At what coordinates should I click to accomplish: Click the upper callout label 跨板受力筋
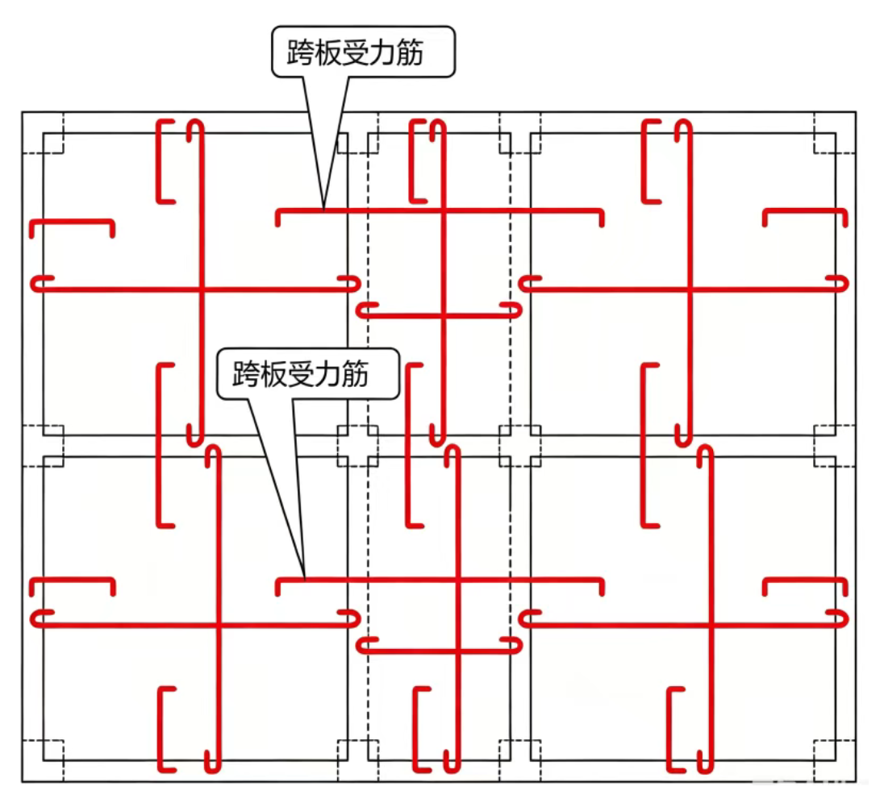tap(355, 52)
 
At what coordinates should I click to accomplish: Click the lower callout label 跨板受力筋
tap(300, 373)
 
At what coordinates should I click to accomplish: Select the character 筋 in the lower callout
tap(355, 373)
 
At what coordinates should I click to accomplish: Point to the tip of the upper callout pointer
tap(323, 210)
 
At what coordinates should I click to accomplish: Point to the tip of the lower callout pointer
tap(304, 578)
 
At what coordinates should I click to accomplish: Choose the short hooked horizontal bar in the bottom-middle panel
tap(440, 651)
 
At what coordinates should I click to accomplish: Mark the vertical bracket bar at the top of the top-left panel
tap(158, 161)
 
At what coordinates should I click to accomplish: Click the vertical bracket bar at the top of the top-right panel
tap(644, 161)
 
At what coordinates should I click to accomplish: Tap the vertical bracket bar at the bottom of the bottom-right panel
tap(669, 729)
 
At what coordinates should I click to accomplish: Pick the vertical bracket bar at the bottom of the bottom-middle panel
tap(415, 729)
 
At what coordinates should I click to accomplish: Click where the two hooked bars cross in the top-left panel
tap(200, 289)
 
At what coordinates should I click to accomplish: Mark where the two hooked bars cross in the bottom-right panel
tap(711, 624)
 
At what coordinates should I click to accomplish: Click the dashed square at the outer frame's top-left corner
tap(43, 132)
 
